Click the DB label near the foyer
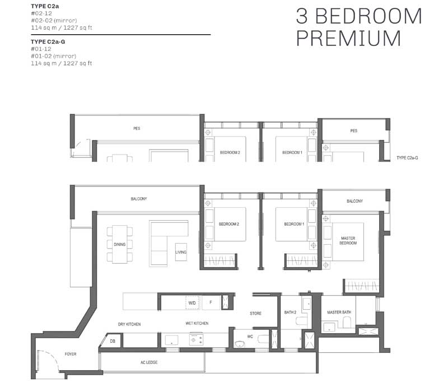point(113,341)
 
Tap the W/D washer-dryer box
point(192,303)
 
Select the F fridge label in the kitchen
point(211,302)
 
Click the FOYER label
point(71,354)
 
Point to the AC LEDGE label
point(149,362)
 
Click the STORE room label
point(255,314)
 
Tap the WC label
point(250,337)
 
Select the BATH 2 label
point(290,312)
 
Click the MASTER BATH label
point(339,312)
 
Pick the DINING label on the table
point(120,244)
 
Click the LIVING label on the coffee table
point(181,252)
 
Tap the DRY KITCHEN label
point(129,324)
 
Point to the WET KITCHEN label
point(197,323)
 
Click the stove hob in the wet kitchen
point(197,339)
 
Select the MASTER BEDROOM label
point(348,241)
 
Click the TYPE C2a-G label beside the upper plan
point(407,158)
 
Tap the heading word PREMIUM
point(349,38)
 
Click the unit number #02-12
point(41,13)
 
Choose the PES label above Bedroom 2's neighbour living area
point(137,128)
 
